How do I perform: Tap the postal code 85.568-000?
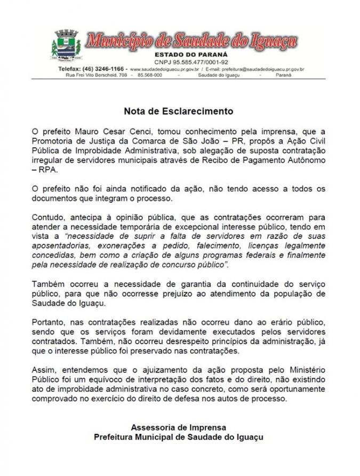tap(149, 76)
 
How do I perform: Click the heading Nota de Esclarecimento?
tap(179, 112)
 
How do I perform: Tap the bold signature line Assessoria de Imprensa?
tap(179, 427)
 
